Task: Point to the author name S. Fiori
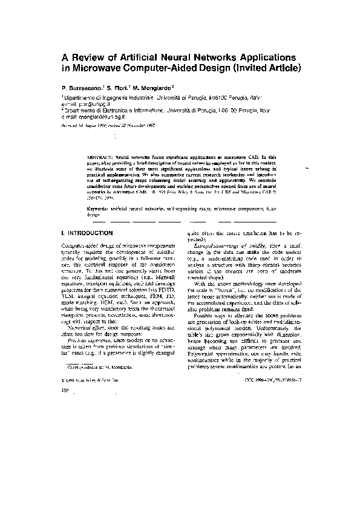[x=119, y=87]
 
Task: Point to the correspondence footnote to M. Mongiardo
[x=100, y=366]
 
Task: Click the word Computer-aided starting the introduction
[x=81, y=245]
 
